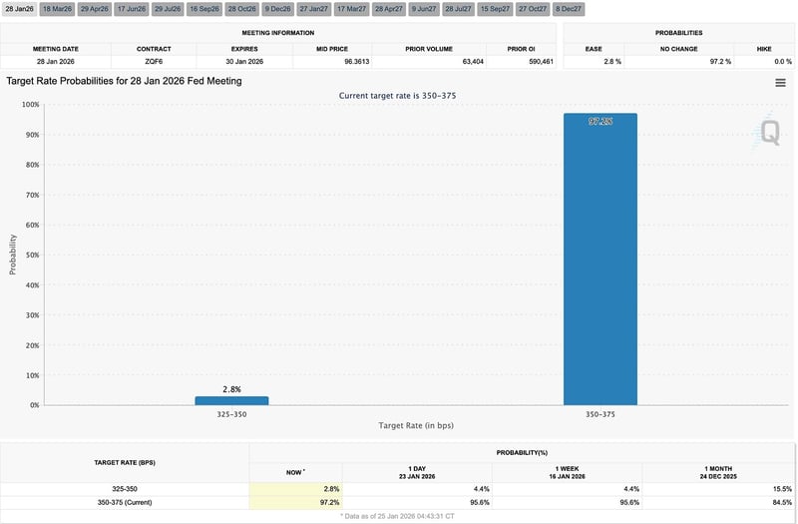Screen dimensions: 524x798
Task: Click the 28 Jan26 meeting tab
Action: [19, 9]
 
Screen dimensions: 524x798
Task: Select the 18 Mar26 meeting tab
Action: [57, 9]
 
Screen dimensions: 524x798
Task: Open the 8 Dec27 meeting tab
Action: [570, 9]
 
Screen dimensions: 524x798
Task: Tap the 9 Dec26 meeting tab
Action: [278, 9]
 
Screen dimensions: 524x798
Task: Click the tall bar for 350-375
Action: [599, 260]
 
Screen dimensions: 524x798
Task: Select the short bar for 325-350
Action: [231, 400]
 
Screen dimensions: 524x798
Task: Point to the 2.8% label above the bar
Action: [231, 389]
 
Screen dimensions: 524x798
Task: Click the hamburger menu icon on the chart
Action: [780, 83]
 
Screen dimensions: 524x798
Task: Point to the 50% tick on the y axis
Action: [33, 255]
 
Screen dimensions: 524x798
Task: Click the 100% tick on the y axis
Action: [31, 104]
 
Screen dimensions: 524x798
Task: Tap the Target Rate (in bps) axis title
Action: [416, 426]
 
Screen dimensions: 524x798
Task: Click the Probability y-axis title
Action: [13, 255]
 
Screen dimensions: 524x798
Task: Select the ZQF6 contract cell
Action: [154, 62]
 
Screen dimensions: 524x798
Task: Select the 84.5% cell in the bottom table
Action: [780, 501]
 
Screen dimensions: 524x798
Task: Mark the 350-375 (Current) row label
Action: [126, 501]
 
